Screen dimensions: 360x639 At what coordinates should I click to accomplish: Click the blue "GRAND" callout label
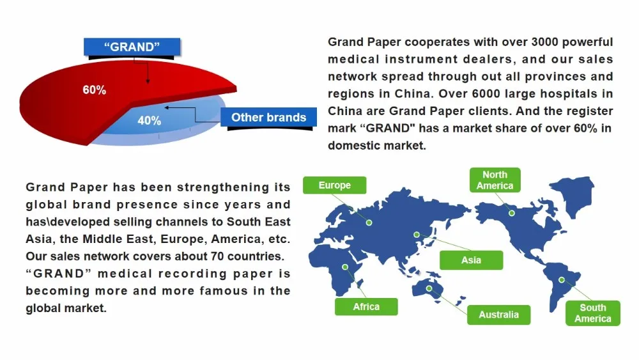pos(132,46)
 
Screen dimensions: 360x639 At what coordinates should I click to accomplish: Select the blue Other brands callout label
pos(268,117)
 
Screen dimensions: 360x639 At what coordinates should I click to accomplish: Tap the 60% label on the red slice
pos(94,90)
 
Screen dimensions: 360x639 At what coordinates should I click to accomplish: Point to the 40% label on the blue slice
pos(149,120)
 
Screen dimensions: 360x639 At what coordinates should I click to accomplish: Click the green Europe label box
pos(335,185)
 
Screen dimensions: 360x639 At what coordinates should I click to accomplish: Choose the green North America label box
pos(495,180)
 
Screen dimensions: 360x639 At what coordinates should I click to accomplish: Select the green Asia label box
pos(471,260)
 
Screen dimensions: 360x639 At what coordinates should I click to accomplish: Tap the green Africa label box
pos(366,307)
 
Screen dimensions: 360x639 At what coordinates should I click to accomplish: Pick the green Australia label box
pos(499,315)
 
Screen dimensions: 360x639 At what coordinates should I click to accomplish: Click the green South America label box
pos(592,313)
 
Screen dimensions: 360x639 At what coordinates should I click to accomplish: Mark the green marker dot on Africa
pos(345,269)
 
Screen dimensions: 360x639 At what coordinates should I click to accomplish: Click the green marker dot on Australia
pos(429,288)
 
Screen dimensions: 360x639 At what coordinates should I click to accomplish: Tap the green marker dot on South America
pos(562,279)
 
